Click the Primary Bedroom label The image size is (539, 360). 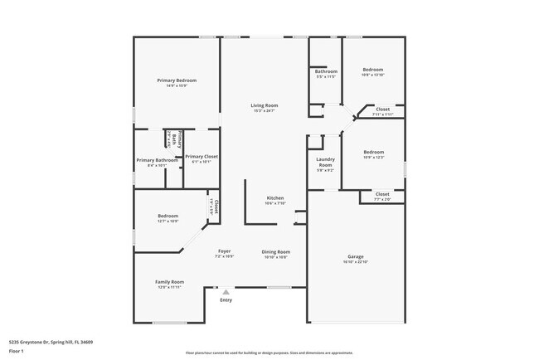[176, 80]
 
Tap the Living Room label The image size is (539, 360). [265, 105]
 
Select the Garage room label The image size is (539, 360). [355, 256]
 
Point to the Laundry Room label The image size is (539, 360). [325, 163]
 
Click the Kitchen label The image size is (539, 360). [275, 198]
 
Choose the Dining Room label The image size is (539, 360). [275, 251]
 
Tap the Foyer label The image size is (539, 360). [225, 251]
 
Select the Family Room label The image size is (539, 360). [169, 282]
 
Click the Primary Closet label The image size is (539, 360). [202, 156]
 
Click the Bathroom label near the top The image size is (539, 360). [325, 71]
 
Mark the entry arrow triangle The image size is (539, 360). [225, 291]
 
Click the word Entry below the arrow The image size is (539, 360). [226, 300]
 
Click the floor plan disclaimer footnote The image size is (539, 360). [269, 352]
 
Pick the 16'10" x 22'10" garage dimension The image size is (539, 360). [355, 262]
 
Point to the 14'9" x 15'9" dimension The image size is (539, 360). [176, 85]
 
